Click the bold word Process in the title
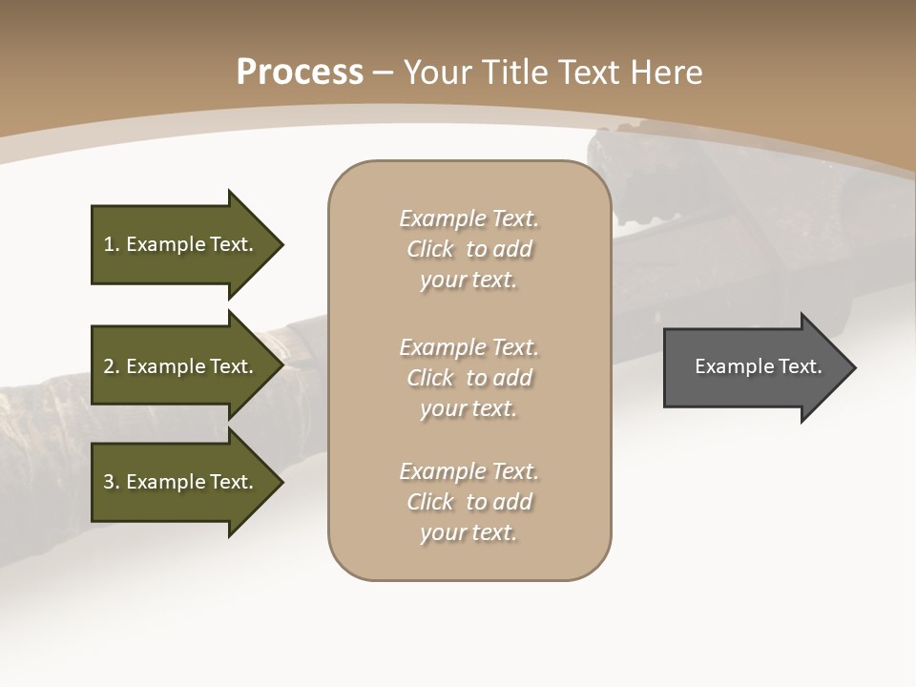(x=300, y=73)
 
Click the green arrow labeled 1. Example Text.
(x=181, y=244)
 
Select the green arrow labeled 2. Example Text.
(x=181, y=366)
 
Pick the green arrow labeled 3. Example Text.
(x=181, y=482)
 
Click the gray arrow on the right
(x=754, y=367)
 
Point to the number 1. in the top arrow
(x=112, y=244)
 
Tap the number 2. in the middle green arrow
(x=112, y=366)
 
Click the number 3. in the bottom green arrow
(x=112, y=482)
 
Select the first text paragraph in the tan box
(x=468, y=249)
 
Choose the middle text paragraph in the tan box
(x=468, y=378)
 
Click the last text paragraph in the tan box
(x=468, y=502)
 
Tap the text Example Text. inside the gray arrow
(x=758, y=366)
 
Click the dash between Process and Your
(x=383, y=73)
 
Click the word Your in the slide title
(x=436, y=73)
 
